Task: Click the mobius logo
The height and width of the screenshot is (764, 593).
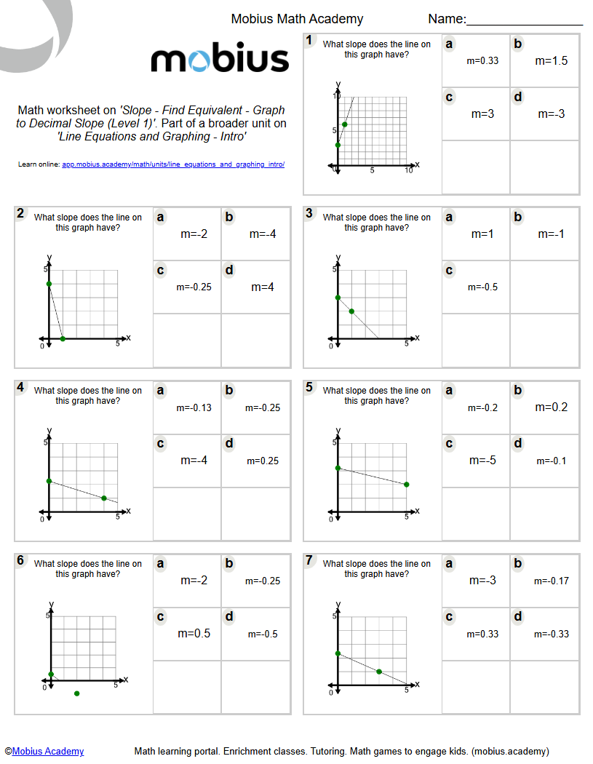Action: (220, 60)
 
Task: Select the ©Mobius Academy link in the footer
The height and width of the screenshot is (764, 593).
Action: (44, 751)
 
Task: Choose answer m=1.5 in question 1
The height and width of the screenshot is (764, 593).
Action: (551, 61)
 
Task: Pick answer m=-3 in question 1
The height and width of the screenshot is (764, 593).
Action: (551, 114)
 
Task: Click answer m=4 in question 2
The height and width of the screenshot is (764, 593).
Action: (262, 287)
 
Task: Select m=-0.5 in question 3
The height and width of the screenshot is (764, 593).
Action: (482, 287)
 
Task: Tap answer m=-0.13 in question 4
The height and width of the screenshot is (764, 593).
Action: (194, 407)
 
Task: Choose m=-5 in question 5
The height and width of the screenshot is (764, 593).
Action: (482, 461)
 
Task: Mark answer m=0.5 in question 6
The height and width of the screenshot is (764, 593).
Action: (194, 634)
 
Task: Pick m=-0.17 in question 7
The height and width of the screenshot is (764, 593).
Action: (551, 581)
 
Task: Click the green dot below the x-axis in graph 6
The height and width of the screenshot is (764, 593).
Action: (77, 693)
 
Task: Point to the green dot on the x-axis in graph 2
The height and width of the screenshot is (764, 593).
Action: (63, 338)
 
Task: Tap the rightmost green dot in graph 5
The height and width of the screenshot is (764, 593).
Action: (406, 485)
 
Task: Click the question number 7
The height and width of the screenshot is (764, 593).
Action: (309, 560)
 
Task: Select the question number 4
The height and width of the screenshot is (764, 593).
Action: (20, 387)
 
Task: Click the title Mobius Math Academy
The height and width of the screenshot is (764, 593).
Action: (297, 19)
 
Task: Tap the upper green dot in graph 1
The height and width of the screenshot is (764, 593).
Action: (345, 124)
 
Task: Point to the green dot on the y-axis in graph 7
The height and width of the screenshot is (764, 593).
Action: (338, 653)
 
